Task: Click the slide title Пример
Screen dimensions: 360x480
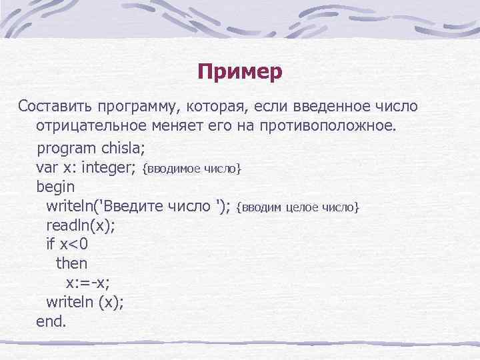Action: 240,71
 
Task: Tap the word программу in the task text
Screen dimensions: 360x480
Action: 133,107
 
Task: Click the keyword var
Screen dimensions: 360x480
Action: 47,167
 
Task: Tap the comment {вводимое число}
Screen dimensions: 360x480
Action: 193,169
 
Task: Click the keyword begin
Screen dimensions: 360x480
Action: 55,187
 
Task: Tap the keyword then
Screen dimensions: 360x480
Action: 71,263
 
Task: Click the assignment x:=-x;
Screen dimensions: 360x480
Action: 83,283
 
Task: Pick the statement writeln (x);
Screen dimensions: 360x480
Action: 85,302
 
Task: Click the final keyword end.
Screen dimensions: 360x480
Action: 51,321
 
